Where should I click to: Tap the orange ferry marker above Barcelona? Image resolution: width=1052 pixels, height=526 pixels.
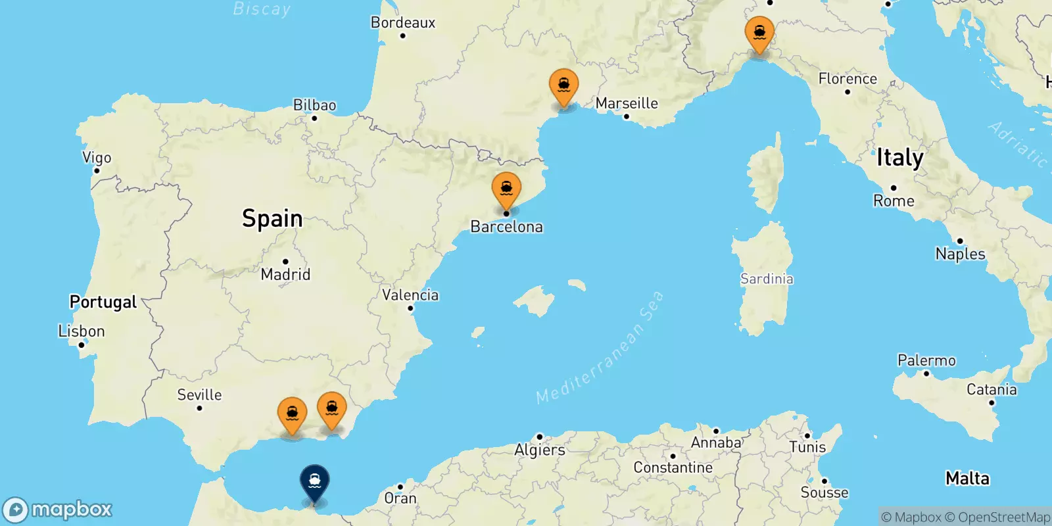pyautogui.click(x=506, y=189)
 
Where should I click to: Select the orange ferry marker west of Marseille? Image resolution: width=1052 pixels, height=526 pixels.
pyautogui.click(x=563, y=86)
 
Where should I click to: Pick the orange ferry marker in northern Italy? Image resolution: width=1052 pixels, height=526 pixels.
pyautogui.click(x=759, y=33)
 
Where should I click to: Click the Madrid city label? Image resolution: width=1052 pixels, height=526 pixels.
pyautogui.click(x=285, y=274)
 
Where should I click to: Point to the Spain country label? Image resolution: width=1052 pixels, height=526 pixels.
pyautogui.click(x=272, y=218)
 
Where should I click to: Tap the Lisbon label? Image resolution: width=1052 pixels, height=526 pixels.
pyautogui.click(x=82, y=331)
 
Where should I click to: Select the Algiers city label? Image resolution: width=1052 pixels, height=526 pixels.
pyautogui.click(x=540, y=450)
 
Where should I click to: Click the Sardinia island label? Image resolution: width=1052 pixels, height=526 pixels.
pyautogui.click(x=767, y=279)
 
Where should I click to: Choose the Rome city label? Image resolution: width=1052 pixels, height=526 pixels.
pyautogui.click(x=894, y=201)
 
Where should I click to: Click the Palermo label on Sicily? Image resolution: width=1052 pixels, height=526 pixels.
pyautogui.click(x=926, y=360)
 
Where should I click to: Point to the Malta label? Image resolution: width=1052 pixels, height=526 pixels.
pyautogui.click(x=967, y=478)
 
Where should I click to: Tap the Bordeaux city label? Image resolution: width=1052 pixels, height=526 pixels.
pyautogui.click(x=403, y=22)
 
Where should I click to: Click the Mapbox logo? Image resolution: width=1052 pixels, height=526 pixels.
pyautogui.click(x=58, y=510)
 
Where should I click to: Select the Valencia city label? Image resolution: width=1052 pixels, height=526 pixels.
pyautogui.click(x=410, y=295)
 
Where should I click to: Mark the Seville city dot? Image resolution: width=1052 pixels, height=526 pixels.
pyautogui.click(x=199, y=408)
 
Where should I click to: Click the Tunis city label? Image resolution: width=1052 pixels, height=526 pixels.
pyautogui.click(x=807, y=447)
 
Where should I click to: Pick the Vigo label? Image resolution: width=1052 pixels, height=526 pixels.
pyautogui.click(x=97, y=158)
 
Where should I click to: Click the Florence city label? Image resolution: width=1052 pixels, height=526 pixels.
pyautogui.click(x=848, y=79)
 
